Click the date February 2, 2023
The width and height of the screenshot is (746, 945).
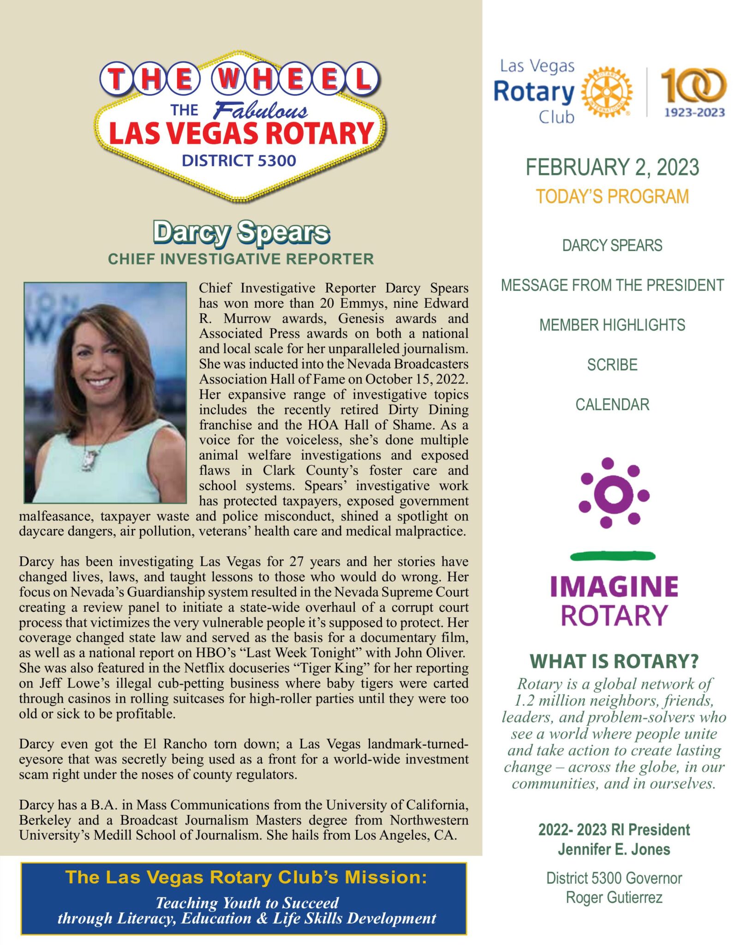tap(612, 167)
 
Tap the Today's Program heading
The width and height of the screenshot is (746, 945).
tap(612, 197)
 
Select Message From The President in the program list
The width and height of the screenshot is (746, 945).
tap(612, 285)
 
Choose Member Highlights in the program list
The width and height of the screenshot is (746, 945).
tap(612, 325)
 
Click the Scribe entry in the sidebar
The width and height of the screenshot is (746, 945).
tap(612, 365)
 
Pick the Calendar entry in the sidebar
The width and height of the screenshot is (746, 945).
tap(612, 405)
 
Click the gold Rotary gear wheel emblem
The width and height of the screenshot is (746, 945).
tap(606, 92)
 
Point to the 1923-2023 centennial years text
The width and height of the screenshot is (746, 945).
tap(694, 113)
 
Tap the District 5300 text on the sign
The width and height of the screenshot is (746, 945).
tap(239, 161)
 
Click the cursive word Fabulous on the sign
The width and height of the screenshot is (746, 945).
tap(260, 110)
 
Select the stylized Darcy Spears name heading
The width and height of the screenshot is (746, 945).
tap(241, 232)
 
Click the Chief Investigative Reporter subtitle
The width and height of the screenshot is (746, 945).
tap(241, 259)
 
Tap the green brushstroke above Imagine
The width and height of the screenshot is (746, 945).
tap(613, 556)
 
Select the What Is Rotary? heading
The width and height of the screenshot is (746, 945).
tap(614, 661)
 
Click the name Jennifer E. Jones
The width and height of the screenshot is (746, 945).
tap(614, 849)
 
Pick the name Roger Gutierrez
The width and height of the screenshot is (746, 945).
tap(614, 897)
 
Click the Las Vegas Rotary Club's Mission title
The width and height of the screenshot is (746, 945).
tap(246, 877)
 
